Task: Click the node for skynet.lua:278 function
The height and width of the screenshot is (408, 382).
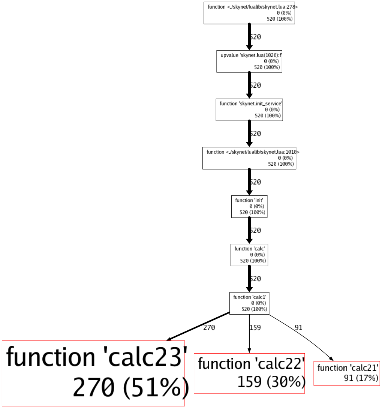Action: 249,13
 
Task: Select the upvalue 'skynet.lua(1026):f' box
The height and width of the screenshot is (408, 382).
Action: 249,61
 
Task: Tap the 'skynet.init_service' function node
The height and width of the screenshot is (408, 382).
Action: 249,109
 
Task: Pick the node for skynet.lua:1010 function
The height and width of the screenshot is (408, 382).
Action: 249,158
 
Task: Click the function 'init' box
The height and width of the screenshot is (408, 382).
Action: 249,207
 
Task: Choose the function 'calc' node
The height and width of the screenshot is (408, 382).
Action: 249,255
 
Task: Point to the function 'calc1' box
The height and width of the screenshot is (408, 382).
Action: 249,303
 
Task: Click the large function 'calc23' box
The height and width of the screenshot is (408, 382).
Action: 93,373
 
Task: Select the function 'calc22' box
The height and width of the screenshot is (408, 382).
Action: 249,373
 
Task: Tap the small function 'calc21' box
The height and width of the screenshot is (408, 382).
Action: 347,373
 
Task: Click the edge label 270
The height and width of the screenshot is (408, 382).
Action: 209,328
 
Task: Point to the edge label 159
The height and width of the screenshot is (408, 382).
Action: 255,328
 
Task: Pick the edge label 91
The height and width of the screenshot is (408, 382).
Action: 298,328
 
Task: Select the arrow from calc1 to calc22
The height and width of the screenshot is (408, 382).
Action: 249,334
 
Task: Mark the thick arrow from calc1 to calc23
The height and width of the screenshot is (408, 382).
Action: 199,326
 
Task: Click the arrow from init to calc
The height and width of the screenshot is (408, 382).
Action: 249,230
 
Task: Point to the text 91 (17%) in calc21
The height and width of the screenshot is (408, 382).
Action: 361,378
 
